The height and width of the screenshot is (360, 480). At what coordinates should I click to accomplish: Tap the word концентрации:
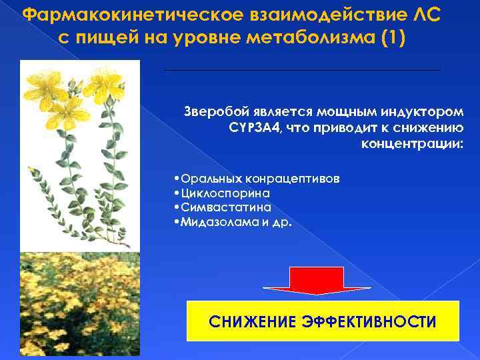tap(411, 144)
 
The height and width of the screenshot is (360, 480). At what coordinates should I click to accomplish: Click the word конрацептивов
tap(295, 179)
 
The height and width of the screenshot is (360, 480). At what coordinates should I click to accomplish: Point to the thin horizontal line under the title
tap(301, 70)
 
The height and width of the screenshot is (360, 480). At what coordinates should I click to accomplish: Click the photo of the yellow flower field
tap(79, 304)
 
